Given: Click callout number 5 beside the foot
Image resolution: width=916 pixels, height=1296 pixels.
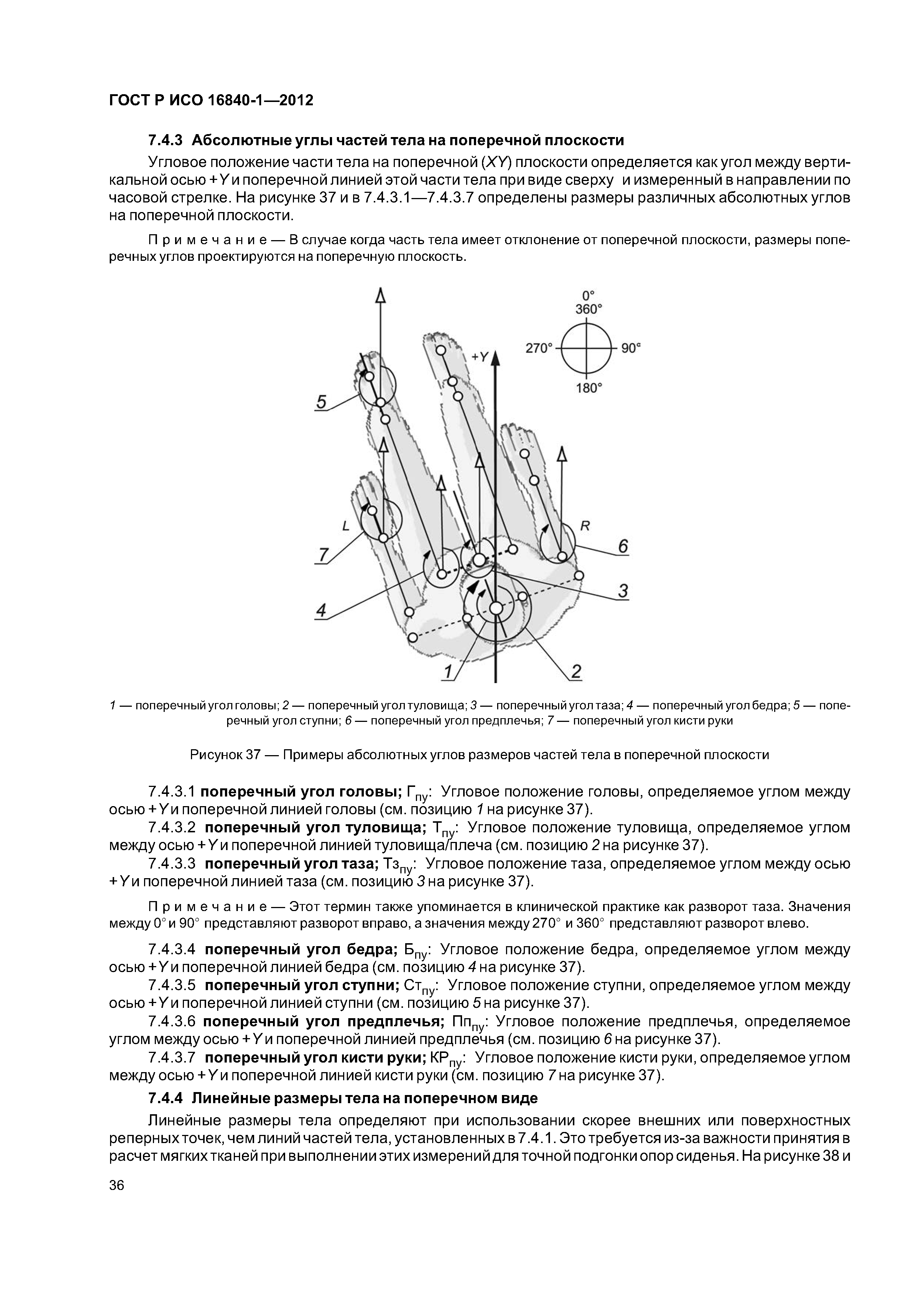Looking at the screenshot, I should click(x=321, y=402).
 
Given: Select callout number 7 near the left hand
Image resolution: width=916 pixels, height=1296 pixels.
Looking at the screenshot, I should click(x=323, y=555).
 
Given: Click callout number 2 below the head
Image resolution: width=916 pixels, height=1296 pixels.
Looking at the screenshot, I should click(x=576, y=671).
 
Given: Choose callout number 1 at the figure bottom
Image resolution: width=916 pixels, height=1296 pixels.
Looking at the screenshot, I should click(x=449, y=672).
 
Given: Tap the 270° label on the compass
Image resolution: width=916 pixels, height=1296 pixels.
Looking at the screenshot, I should click(x=538, y=348).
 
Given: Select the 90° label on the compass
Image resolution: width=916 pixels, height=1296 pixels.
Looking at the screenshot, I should click(x=632, y=348).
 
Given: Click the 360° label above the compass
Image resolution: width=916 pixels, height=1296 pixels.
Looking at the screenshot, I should click(x=589, y=309).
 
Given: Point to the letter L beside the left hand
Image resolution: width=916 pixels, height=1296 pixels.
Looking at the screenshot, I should click(x=346, y=526).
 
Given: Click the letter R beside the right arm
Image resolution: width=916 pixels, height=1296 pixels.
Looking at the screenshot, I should click(x=585, y=526).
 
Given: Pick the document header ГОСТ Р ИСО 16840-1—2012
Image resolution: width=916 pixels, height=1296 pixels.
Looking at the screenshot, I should click(x=211, y=100).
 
